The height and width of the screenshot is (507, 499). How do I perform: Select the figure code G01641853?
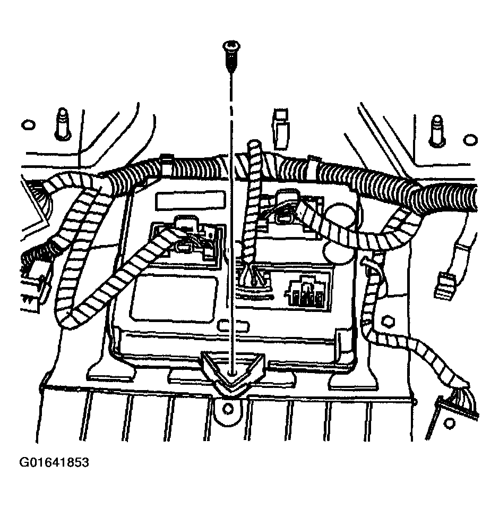(x=54, y=462)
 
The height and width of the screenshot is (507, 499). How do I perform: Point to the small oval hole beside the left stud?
(x=27, y=125)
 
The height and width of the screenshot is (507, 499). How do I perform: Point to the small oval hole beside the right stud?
(x=469, y=140)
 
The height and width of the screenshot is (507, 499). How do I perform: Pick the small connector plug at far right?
(x=443, y=284)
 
